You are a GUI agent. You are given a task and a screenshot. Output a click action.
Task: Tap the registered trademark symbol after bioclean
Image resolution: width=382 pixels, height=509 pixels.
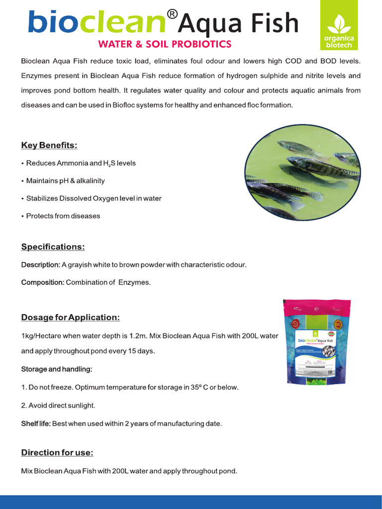tap(171, 14)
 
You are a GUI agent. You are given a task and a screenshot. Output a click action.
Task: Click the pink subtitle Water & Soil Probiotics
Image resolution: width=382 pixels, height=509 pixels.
tap(165, 44)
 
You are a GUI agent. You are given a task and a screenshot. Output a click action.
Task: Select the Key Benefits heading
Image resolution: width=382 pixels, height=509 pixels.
tap(49, 145)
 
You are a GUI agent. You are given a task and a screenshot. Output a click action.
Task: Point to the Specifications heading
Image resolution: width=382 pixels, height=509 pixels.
tap(53, 247)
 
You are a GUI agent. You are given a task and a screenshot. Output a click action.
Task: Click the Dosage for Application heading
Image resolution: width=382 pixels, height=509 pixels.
tap(70, 317)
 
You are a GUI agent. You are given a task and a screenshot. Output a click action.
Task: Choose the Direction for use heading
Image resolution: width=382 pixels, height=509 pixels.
tap(57, 452)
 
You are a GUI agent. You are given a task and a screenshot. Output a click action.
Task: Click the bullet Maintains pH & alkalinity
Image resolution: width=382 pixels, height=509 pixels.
tap(65, 180)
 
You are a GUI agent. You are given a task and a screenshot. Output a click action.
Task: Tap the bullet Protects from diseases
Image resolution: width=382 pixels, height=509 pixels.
tap(63, 216)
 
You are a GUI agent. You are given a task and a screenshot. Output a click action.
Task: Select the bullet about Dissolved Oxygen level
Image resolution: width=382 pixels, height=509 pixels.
tap(94, 198)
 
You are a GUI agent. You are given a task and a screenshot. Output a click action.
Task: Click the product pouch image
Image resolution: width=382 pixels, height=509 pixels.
tap(316, 342)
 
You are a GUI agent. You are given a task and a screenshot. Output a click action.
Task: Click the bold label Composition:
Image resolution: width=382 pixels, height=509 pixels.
tap(42, 282)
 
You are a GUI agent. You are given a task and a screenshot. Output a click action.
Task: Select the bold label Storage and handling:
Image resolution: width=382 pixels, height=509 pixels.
tap(56, 369)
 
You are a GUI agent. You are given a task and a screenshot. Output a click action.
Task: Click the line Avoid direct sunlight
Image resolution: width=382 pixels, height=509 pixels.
tap(61, 406)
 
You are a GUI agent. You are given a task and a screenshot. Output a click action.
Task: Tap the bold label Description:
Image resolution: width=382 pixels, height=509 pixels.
tap(40, 264)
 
